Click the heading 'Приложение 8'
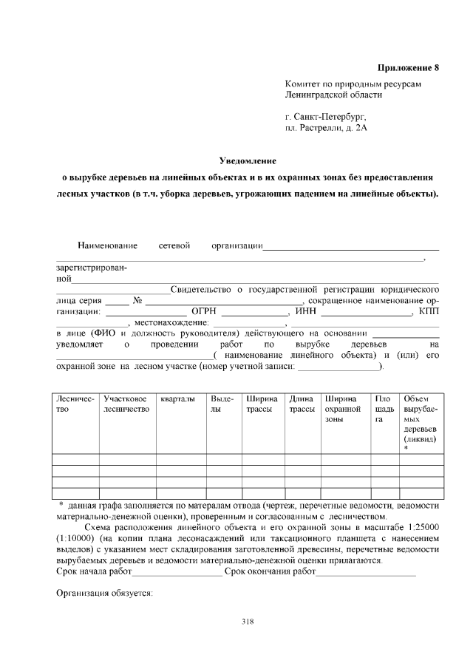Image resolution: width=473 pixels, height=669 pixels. click(x=408, y=68)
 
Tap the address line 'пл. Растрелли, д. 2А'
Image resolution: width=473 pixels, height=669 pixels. click(x=326, y=128)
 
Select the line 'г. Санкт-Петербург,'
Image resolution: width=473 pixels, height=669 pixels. click(x=325, y=117)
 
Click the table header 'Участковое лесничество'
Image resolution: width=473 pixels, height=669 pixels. click(x=126, y=404)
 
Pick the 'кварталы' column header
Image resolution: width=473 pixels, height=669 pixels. click(x=177, y=399)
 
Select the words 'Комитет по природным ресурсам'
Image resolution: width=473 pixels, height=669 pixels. click(x=353, y=85)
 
